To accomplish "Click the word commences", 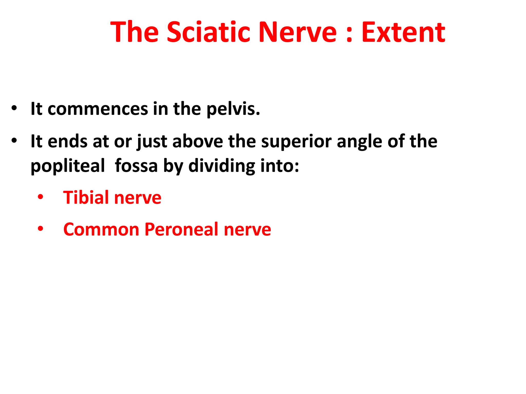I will click(x=98, y=109).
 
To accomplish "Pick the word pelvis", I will click(x=233, y=109).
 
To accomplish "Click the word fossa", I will click(x=136, y=166).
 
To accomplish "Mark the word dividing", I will click(x=222, y=166).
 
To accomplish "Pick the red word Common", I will click(x=101, y=229).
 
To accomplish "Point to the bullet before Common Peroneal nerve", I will click(x=40, y=229).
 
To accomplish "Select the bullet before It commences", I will click(x=14, y=108).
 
